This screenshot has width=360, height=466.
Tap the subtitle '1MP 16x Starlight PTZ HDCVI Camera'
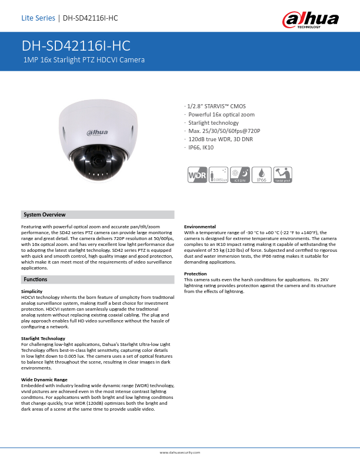(84, 60)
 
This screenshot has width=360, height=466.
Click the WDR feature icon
(197, 175)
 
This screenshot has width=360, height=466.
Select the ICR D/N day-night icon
(240, 175)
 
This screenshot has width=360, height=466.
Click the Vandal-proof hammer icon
(283, 175)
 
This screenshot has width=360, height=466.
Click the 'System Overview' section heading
(44, 215)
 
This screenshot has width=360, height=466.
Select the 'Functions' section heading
(35, 279)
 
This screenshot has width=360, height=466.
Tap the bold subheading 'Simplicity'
(31, 291)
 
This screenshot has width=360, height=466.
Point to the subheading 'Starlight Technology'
(43, 338)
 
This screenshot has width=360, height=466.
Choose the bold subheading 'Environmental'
(200, 227)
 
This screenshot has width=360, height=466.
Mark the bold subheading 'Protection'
(195, 274)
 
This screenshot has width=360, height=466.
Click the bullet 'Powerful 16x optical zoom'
(221, 115)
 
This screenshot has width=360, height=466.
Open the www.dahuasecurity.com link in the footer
(180, 452)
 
